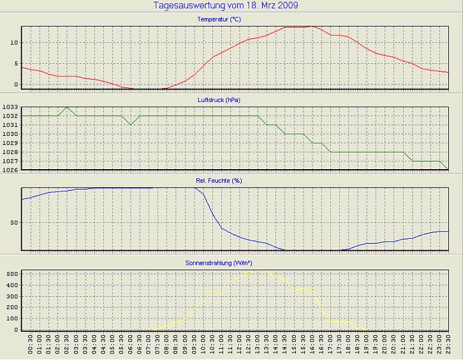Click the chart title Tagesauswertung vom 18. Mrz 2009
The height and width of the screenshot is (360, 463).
226,5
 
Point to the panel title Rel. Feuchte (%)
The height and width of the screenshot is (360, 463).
219,181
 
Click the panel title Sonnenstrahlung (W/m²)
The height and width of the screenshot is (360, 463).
219,262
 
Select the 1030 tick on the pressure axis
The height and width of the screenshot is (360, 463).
10,134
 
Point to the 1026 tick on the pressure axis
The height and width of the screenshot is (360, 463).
10,170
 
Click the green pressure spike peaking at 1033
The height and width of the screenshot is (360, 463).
67,107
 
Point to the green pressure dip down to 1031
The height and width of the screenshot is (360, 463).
131,124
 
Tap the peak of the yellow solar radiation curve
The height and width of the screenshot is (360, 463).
258,270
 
